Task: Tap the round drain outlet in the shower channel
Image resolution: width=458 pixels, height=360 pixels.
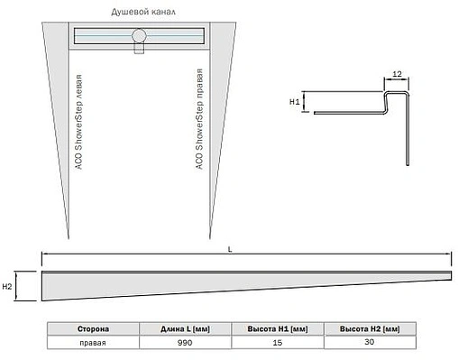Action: point(139,36)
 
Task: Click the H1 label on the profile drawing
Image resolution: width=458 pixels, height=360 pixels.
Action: point(294,103)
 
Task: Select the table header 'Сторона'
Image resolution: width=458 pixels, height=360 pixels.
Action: point(93,330)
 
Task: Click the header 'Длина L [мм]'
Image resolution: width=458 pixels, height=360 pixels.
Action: point(185,330)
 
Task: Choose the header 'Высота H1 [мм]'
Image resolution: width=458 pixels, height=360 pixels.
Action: point(278,330)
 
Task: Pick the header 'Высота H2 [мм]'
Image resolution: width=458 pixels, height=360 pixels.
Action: point(371,330)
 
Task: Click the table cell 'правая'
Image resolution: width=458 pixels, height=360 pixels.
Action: point(93,343)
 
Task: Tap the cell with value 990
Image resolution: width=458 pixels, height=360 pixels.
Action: point(185,343)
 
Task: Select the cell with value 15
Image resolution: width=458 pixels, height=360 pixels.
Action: point(278,343)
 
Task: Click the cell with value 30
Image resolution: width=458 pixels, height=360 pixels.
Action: point(371,343)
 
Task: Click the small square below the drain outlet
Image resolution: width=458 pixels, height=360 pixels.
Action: point(139,50)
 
